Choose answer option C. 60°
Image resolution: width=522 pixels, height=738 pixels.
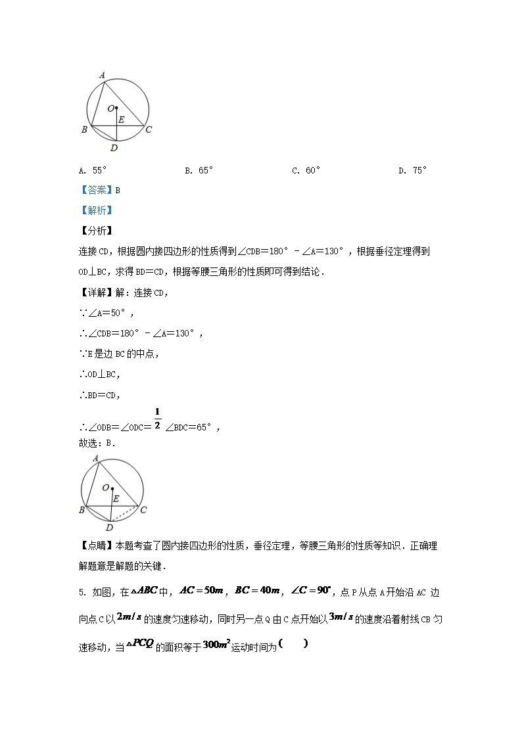pyautogui.click(x=306, y=171)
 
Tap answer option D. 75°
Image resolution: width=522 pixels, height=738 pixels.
pyautogui.click(x=412, y=171)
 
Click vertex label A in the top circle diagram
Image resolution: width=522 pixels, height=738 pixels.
pyautogui.click(x=102, y=76)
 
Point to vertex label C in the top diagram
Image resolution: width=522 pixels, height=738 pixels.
pyautogui.click(x=149, y=129)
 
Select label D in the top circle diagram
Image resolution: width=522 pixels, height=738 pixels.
pyautogui.click(x=114, y=149)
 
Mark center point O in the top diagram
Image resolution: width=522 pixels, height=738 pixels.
pyautogui.click(x=116, y=108)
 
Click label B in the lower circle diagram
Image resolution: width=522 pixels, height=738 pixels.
pyautogui.click(x=82, y=510)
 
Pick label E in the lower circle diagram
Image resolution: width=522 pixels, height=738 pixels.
pyautogui.click(x=116, y=499)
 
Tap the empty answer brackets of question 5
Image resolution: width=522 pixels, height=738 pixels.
pyautogui.click(x=293, y=643)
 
